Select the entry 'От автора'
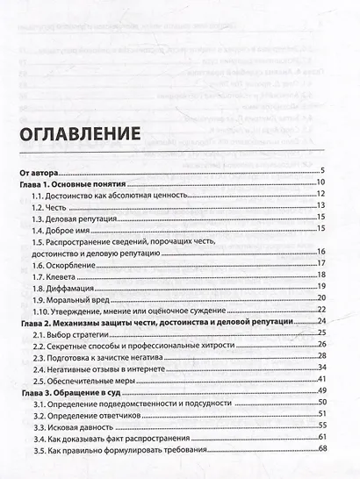43,170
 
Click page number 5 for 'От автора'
323,170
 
